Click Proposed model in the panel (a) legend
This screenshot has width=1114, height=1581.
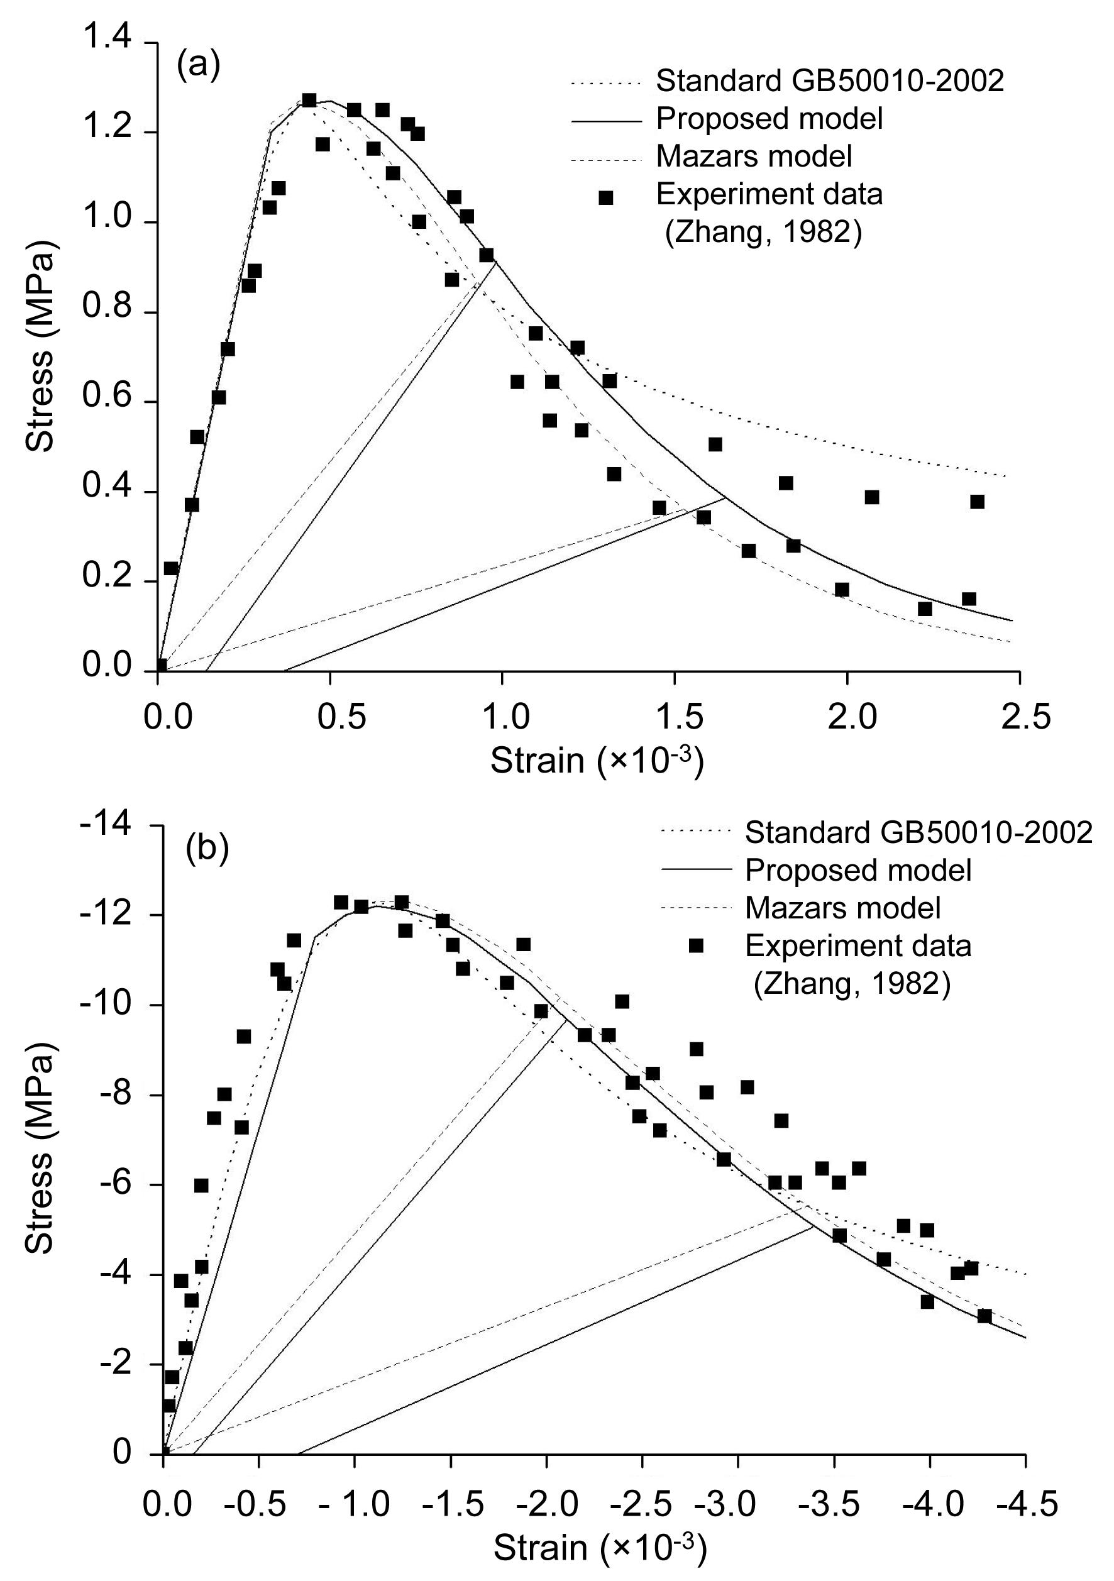pos(769,119)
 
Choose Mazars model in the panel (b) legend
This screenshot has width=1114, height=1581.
pos(842,908)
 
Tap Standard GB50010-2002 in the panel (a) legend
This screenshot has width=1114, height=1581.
pos(830,81)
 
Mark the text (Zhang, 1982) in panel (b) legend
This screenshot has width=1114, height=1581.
pos(852,984)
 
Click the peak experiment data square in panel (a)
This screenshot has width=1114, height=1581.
pos(309,101)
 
